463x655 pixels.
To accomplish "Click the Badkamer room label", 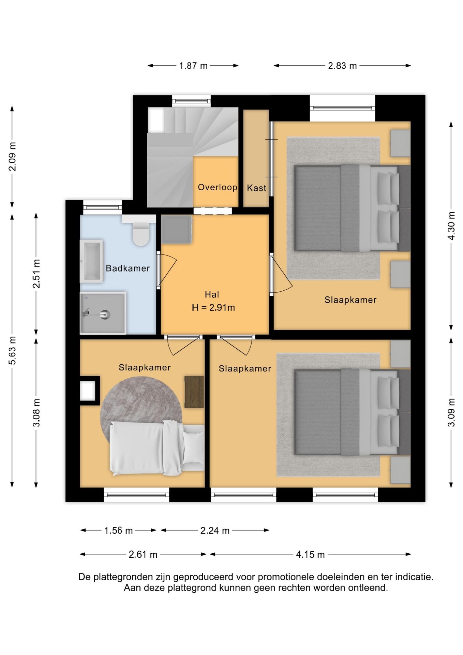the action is point(128,268).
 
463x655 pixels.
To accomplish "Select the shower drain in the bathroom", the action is point(105,314).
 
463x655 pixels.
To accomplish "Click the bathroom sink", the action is point(91,261).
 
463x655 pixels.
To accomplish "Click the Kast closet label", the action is point(256,188).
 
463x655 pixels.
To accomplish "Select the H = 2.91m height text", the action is point(213,308).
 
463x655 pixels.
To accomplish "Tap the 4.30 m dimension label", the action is point(451,226).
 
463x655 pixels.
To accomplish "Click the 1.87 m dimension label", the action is point(193,66).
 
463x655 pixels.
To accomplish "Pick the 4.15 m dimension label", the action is point(310,554).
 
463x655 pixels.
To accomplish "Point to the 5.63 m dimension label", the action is point(12,350).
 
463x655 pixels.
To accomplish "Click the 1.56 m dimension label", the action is point(118,530).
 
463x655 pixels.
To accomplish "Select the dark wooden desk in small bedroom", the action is point(194,392).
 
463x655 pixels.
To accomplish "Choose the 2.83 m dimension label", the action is point(342,66).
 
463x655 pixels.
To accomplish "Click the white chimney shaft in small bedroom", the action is point(88,391).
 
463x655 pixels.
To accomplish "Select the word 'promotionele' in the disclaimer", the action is point(286,577).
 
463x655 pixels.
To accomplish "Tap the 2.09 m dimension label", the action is point(12,157).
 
